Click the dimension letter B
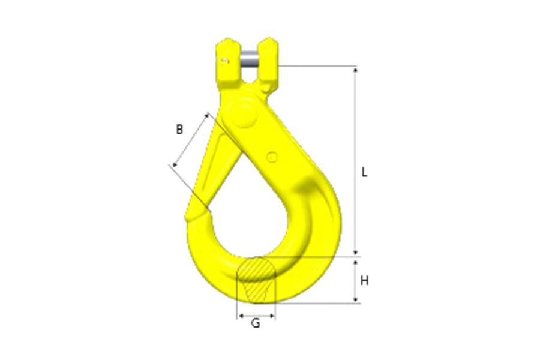tap(179, 128)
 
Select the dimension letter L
tap(364, 172)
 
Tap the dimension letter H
tap(364, 280)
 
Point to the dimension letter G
tap(256, 324)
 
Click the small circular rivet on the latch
tap(272, 157)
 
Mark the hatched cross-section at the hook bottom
tap(256, 281)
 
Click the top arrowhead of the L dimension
tap(356, 70)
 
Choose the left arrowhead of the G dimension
tap(241, 314)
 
